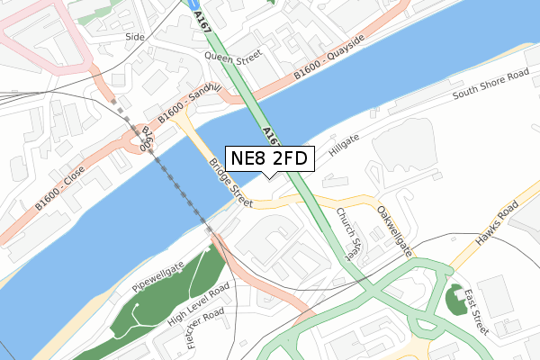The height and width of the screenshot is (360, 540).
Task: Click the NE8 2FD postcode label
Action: [x=269, y=159]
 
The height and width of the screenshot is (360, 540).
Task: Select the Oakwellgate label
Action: [x=393, y=229]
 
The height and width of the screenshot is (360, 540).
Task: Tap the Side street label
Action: [x=135, y=37]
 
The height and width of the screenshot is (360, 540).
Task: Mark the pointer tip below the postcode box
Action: [x=269, y=177]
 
